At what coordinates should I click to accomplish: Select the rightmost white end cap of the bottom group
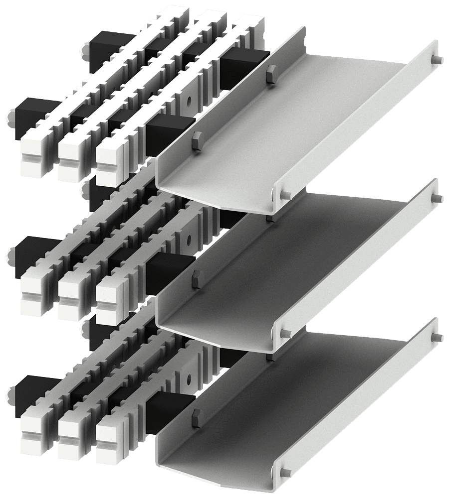pos(110,438)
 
